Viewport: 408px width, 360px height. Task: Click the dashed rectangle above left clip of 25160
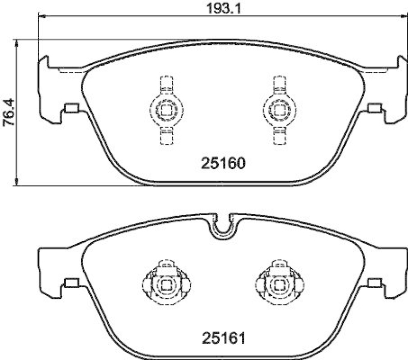pos(165,85)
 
